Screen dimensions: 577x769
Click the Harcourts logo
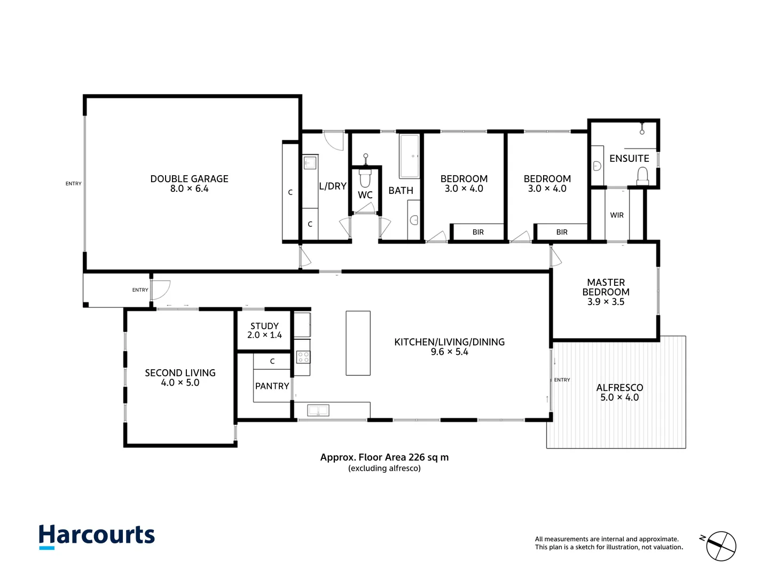[97, 536]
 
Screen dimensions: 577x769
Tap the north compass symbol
[721, 546]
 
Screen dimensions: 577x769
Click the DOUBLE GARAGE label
[189, 179]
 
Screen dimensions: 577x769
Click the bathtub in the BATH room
[410, 156]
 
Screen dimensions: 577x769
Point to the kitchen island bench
[358, 343]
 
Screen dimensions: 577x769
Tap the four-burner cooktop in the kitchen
[303, 357]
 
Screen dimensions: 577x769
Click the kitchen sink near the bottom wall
[318, 410]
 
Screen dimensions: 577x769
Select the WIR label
[617, 215]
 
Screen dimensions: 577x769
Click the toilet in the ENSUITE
[642, 176]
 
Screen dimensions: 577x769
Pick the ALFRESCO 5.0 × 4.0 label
[619, 393]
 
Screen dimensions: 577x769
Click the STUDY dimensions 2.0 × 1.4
[264, 336]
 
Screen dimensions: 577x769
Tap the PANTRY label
[272, 386]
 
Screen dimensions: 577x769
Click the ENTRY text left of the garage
[74, 184]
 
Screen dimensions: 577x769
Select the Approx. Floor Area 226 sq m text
[384, 457]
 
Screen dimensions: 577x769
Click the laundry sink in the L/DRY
[310, 162]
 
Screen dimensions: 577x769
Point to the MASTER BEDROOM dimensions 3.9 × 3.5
[606, 302]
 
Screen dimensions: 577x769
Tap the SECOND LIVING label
[180, 373]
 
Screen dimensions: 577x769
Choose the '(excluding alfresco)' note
[384, 469]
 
